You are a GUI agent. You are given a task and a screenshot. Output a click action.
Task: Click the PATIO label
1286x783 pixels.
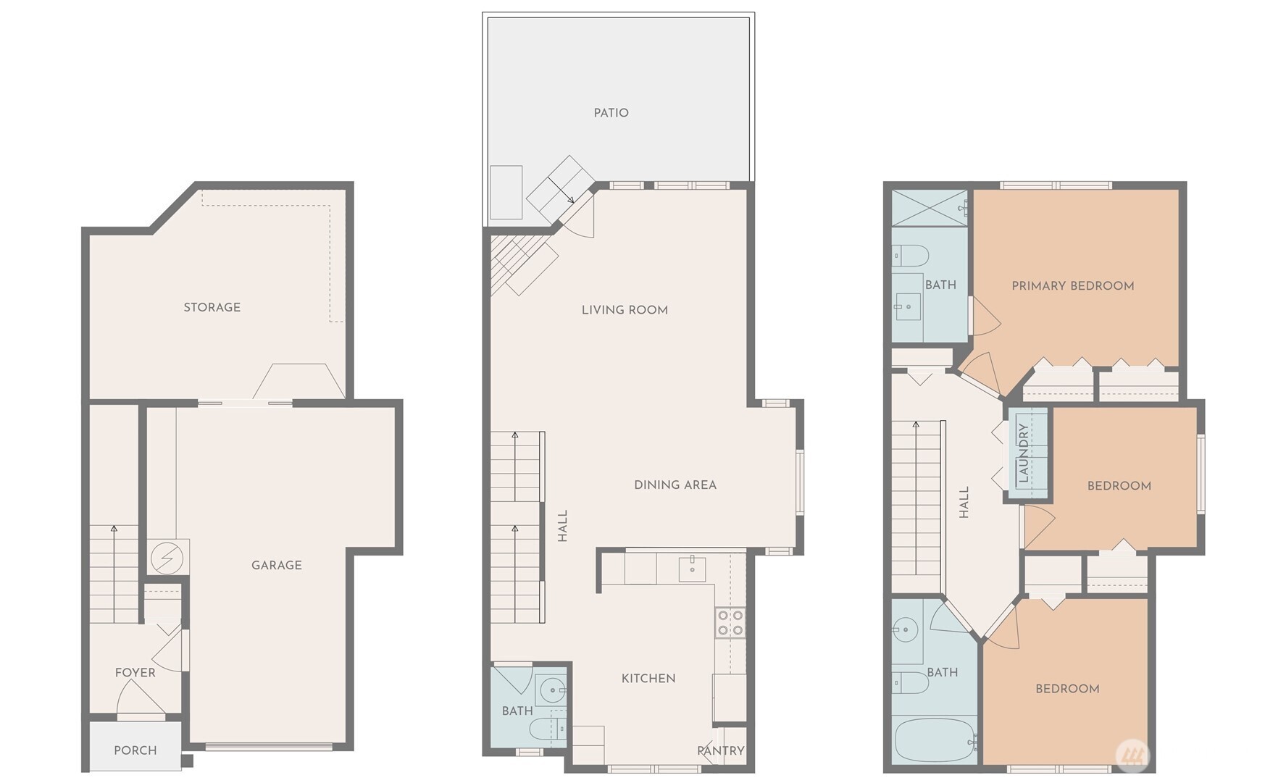611,113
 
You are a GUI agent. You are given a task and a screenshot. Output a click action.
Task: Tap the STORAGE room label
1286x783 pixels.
212,307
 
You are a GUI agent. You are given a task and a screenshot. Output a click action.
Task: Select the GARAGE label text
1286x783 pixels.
276,565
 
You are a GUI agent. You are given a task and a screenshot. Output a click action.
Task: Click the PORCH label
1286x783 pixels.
135,750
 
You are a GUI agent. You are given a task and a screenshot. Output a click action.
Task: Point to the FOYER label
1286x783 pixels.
135,673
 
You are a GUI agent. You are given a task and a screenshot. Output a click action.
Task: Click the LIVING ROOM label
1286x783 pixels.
625,310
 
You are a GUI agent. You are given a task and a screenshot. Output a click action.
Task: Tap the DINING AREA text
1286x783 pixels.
675,485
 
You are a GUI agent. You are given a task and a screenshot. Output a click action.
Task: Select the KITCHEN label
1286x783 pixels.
648,679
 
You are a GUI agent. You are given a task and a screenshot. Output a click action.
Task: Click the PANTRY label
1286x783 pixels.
720,751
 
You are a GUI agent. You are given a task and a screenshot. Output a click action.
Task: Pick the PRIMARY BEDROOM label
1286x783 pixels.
1072,286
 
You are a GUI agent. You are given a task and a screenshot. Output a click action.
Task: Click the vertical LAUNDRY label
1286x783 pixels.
1023,453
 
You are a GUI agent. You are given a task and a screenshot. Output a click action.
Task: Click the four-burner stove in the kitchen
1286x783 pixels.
730,623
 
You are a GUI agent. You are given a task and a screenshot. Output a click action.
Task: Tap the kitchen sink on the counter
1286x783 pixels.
693,569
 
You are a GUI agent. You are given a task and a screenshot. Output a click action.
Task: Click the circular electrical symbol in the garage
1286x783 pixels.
167,558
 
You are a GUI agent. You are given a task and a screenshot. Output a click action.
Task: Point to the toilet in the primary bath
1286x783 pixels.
910,255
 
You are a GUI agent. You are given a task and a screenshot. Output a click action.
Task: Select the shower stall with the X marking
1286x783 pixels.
929,208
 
